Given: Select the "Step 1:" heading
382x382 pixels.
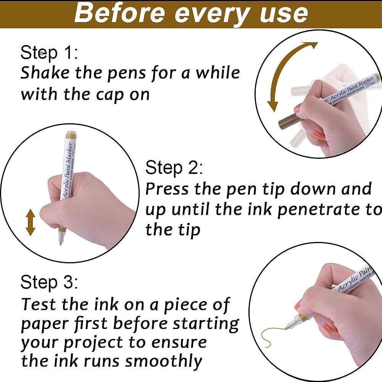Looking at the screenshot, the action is point(49,53).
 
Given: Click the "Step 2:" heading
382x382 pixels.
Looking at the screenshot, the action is point(174,168).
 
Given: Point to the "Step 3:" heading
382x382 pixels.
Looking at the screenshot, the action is point(49,283).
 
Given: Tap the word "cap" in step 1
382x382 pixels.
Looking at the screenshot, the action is point(110,95).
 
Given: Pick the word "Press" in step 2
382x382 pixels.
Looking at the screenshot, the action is point(167,189).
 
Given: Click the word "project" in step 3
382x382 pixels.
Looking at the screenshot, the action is point(94,343).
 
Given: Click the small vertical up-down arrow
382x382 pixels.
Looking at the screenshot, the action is point(31,222).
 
